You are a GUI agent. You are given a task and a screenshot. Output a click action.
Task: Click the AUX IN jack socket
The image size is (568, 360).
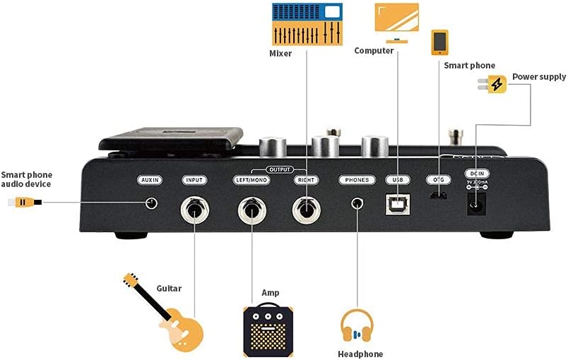click(150, 204)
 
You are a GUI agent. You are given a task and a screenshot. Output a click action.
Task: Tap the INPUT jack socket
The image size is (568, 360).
click(194, 208)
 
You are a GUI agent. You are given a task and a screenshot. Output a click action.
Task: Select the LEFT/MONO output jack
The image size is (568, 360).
click(251, 208)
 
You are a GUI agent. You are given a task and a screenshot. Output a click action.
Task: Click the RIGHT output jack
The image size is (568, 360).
click(307, 208)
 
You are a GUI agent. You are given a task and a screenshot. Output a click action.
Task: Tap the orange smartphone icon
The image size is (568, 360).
click(439, 42)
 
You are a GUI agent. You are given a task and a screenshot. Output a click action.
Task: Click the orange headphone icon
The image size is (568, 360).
click(357, 328)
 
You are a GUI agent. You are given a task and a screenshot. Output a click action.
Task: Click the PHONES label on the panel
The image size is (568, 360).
click(357, 180)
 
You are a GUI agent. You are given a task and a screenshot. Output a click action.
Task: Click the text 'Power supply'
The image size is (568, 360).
click(539, 77)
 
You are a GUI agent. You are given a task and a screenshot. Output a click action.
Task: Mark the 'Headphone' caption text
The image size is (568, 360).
click(360, 354)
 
